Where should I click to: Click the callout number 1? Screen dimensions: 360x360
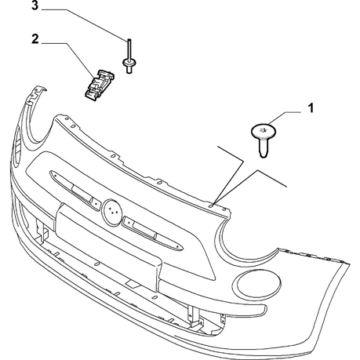pyautogui.click(x=311, y=108)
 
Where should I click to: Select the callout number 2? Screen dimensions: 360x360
pyautogui.click(x=35, y=39)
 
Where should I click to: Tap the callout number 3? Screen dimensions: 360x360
pyautogui.click(x=35, y=5)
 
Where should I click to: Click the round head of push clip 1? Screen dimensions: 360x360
pyautogui.click(x=264, y=131)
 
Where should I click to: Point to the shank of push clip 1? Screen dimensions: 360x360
pyautogui.click(x=264, y=148)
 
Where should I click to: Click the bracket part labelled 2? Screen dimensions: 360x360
pyautogui.click(x=99, y=85)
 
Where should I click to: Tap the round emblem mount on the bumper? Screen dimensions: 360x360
pyautogui.click(x=112, y=212)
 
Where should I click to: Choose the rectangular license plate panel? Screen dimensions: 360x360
pyautogui.click(x=108, y=246)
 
